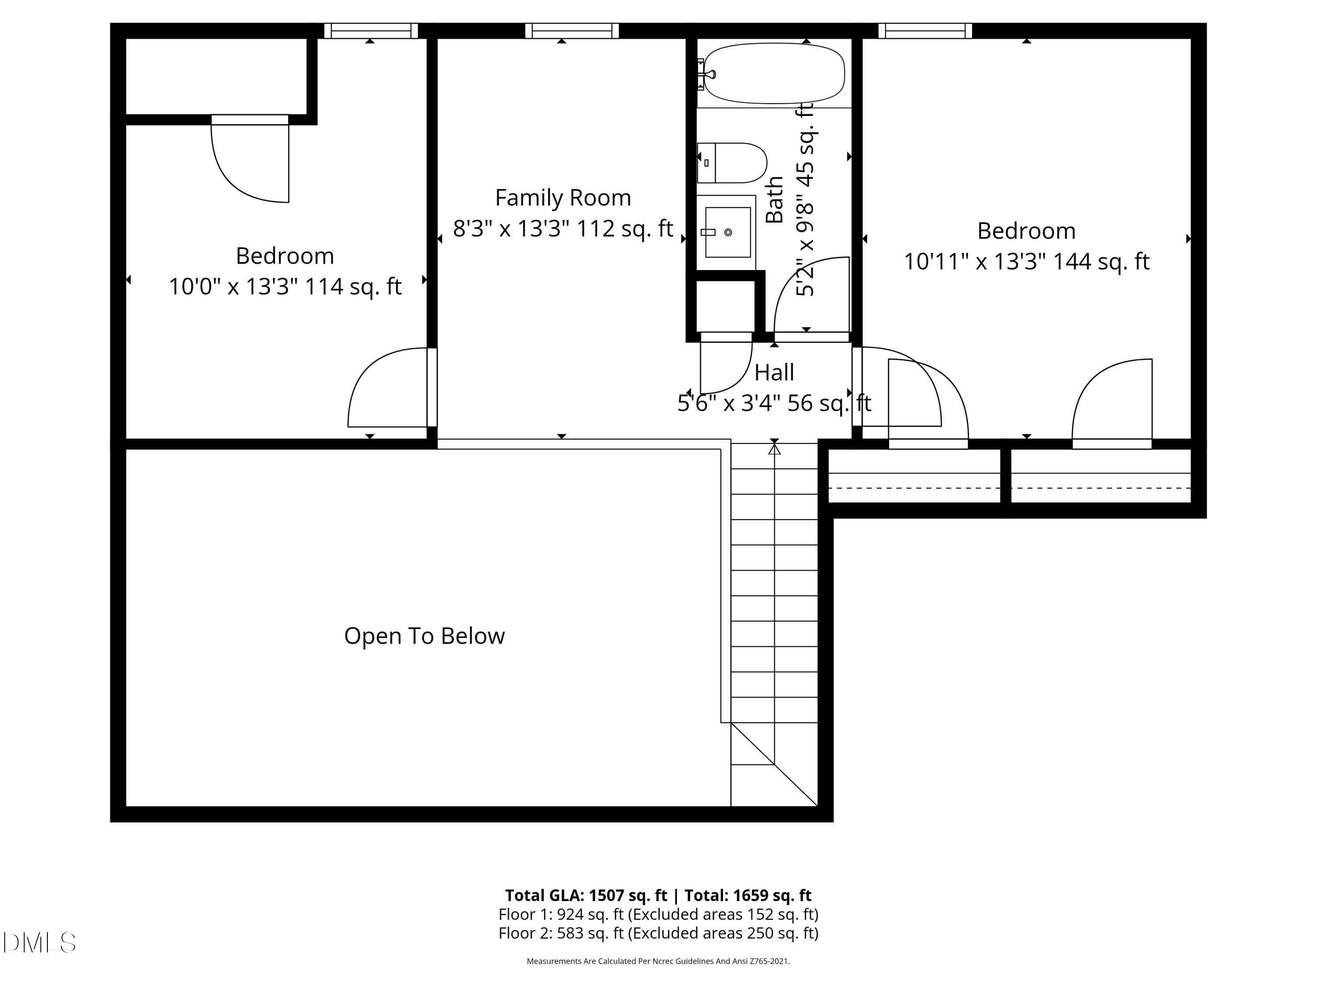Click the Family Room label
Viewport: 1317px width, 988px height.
click(x=563, y=198)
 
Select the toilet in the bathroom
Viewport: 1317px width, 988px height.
click(x=732, y=162)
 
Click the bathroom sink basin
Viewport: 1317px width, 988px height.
click(x=727, y=232)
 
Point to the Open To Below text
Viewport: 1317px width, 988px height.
click(x=424, y=636)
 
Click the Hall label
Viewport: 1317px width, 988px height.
click(x=774, y=373)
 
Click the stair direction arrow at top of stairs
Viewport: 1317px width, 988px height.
click(x=774, y=450)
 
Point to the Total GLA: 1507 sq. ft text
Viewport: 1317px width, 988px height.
click(x=587, y=895)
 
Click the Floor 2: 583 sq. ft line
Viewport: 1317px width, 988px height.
click(x=658, y=933)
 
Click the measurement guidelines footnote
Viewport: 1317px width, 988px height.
click(x=658, y=961)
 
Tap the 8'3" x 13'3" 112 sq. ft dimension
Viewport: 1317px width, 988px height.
click(x=563, y=229)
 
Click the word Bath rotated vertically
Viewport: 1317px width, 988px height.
click(x=774, y=200)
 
